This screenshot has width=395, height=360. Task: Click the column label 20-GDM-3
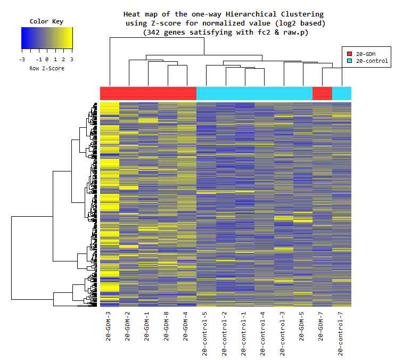109,326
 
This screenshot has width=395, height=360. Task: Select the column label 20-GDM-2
128,326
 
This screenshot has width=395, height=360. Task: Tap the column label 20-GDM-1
147,326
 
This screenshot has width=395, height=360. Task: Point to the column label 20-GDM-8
167,326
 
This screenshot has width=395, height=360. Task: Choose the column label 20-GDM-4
186,326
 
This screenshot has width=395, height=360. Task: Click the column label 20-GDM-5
302,326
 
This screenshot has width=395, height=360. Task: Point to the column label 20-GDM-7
322,326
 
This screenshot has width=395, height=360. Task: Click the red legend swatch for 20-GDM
350,54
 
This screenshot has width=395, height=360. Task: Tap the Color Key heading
46,22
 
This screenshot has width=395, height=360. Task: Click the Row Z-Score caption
47,69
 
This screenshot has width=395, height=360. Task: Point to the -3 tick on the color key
22,60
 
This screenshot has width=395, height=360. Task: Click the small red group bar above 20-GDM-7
322,93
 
